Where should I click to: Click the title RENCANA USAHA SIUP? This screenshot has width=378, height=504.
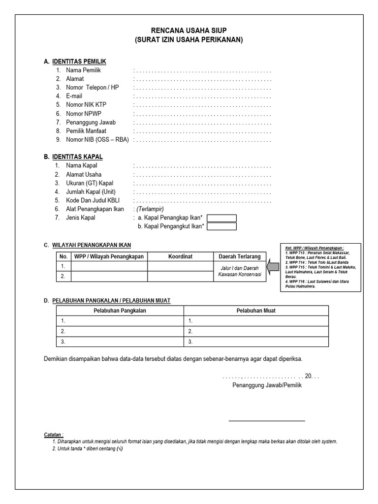189,31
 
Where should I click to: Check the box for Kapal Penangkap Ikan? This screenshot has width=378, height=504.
221,218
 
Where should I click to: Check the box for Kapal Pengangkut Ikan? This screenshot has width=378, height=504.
221,227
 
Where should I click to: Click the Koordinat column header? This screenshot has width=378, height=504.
180,256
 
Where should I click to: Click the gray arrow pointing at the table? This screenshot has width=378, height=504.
272,267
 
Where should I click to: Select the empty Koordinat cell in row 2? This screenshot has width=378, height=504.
180,277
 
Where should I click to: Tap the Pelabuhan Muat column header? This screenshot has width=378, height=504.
256,311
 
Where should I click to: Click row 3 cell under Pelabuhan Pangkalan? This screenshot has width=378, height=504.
120,342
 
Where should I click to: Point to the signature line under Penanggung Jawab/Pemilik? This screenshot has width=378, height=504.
267,420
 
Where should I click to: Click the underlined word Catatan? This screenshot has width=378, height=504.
53,435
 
